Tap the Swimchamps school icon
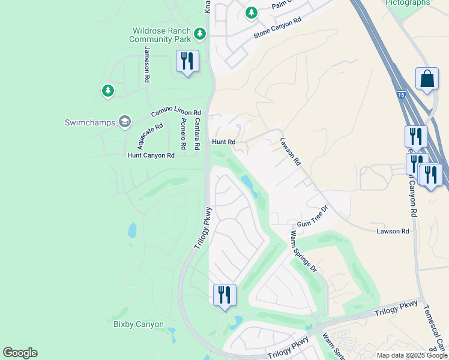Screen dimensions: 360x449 [125, 122]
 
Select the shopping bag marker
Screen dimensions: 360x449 [427, 80]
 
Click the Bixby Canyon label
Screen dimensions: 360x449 [139, 325]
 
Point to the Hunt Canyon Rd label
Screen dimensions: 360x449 [151, 155]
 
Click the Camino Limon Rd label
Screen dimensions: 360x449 [176, 112]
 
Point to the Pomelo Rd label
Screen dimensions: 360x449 [183, 134]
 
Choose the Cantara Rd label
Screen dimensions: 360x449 [197, 134]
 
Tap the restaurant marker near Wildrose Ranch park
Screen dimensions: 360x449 [187, 62]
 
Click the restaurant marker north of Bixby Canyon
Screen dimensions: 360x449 [224, 295]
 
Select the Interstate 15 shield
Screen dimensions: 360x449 [400, 95]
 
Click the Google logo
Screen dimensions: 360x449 [20, 353]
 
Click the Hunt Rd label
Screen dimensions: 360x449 [223, 142]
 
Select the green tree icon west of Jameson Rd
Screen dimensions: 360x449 [107, 91]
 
